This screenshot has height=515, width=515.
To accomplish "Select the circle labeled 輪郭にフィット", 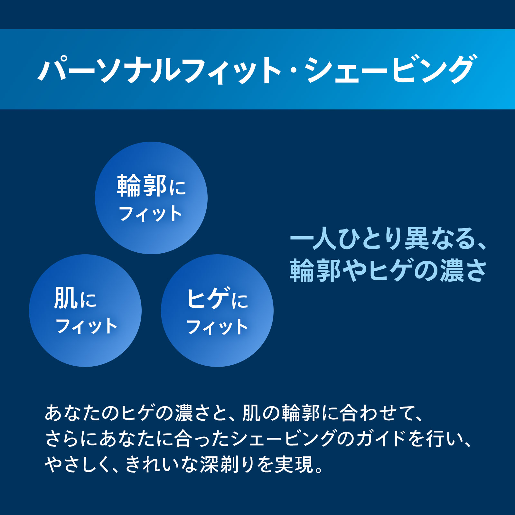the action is [x=151, y=198].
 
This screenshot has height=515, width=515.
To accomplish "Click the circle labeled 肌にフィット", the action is [x=85, y=311].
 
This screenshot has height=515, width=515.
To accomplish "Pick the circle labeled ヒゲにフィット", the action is [x=217, y=311].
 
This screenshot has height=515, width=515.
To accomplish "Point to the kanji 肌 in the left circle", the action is [x=65, y=298].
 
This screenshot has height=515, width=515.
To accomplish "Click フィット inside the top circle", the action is [x=150, y=214].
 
